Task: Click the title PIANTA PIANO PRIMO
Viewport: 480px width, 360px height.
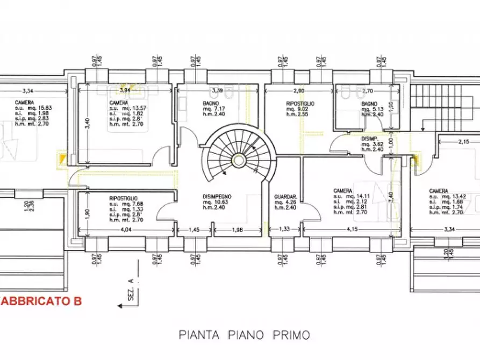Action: pyautogui.click(x=244, y=335)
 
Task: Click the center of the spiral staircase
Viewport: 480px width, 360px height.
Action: pyautogui.click(x=237, y=159)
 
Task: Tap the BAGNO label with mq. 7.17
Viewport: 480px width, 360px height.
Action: pyautogui.click(x=211, y=103)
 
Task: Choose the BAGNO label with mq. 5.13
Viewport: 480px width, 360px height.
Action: pyautogui.click(x=370, y=103)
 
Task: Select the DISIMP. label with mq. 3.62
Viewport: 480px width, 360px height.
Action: pyautogui.click(x=370, y=138)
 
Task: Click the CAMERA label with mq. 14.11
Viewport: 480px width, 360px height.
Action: pyautogui.click(x=342, y=191)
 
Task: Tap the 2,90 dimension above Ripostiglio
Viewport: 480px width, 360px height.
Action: pyautogui.click(x=299, y=91)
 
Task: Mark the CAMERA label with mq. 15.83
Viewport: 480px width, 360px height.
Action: pyautogui.click(x=25, y=102)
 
